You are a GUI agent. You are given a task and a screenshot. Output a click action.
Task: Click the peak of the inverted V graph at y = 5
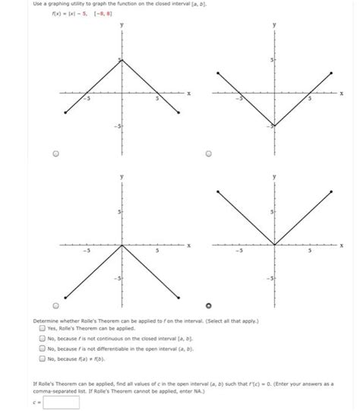[x=122, y=59]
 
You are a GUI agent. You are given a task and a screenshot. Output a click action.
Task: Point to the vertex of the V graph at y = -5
[x=274, y=125]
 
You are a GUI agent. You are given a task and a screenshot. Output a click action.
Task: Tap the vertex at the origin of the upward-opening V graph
[x=274, y=245]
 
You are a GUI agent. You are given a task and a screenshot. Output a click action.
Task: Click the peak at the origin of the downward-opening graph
[x=122, y=245]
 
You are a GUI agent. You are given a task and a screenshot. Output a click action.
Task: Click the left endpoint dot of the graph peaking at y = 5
[x=66, y=113]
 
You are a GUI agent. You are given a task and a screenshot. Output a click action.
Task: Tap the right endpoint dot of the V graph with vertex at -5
[x=330, y=73]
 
